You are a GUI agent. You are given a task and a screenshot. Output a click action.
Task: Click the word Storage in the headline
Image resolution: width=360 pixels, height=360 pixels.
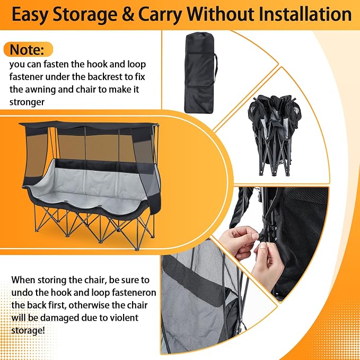point(85,15)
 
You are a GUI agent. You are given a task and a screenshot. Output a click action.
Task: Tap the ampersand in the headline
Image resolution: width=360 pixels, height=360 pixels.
point(128,15)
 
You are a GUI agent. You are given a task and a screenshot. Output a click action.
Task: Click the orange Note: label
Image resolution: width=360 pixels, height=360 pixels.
point(29,49)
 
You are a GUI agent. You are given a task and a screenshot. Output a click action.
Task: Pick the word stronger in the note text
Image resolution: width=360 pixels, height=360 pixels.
point(27,102)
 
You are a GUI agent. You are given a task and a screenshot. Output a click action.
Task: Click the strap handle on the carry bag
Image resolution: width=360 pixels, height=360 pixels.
point(216,69)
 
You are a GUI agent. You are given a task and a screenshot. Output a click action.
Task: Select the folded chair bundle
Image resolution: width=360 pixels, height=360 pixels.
point(274,135)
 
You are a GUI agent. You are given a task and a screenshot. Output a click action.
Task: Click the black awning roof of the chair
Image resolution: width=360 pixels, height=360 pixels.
point(89,126)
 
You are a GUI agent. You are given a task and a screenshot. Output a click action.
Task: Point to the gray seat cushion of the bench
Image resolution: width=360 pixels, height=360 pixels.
point(89,186)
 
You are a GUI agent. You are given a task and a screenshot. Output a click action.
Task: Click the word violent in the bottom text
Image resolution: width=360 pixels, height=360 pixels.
point(124,318)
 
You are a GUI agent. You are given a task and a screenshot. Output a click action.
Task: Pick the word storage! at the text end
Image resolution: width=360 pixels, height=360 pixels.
point(28,330)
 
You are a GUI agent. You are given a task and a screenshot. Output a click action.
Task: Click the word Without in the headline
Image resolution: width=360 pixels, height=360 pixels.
point(220,14)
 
